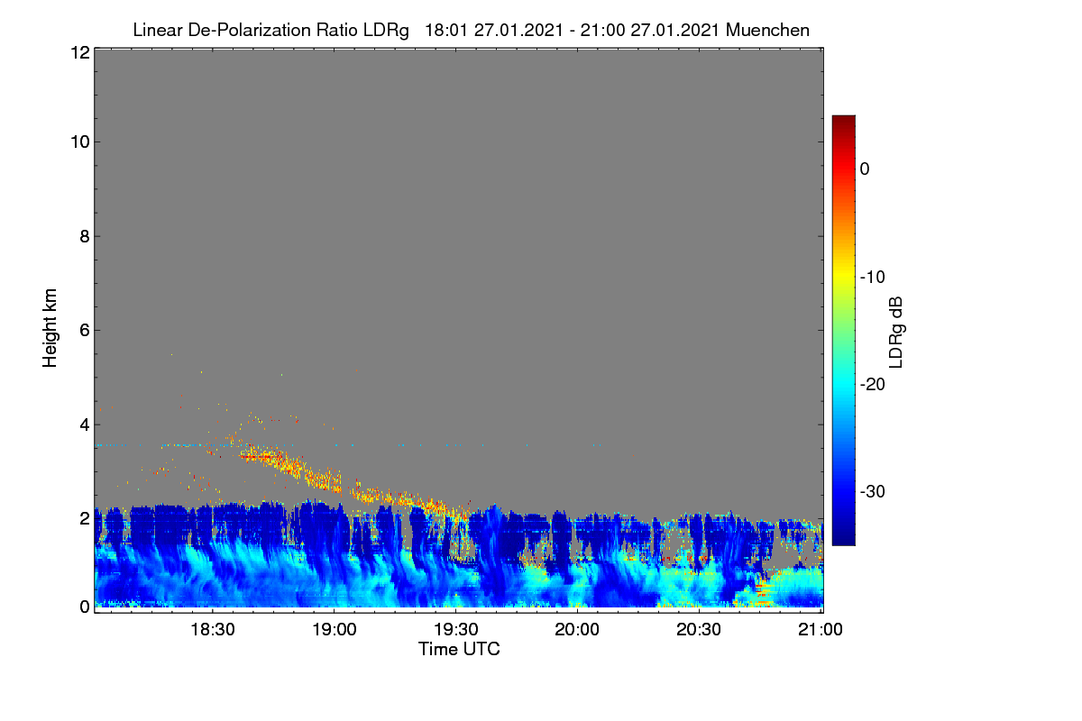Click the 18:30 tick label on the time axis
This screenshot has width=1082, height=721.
point(213,629)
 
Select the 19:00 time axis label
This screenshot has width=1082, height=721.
point(335,629)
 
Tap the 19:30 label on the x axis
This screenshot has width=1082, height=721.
point(456,629)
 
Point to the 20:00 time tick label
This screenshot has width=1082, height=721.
point(577,629)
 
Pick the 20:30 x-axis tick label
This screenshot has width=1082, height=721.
point(699,629)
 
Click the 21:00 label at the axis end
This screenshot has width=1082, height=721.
point(821,629)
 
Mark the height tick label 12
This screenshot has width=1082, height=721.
point(80,52)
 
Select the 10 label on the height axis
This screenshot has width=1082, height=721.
point(80,142)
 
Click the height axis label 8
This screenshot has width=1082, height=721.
point(85,236)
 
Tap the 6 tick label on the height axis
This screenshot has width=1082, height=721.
point(85,331)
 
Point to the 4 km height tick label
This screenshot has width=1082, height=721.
point(85,425)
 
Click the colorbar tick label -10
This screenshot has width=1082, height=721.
point(873,278)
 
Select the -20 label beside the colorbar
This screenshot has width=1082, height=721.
point(873,385)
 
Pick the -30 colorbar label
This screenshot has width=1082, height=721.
point(873,491)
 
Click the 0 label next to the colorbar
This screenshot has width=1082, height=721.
point(865,169)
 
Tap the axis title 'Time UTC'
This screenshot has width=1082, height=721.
point(459,649)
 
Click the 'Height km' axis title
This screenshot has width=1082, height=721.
point(50,328)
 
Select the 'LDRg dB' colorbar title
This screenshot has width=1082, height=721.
point(896,333)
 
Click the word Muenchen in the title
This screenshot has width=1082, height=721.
point(767,30)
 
